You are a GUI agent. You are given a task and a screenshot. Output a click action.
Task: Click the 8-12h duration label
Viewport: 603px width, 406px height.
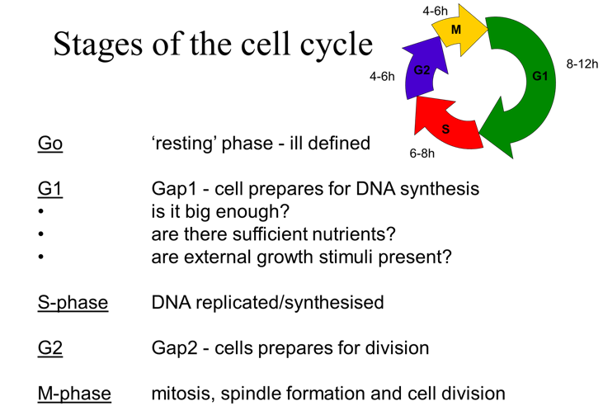[581, 64]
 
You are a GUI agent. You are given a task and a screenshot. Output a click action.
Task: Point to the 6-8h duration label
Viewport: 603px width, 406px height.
[422, 153]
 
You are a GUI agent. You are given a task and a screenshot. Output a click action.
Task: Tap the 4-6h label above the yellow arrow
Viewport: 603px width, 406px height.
[435, 11]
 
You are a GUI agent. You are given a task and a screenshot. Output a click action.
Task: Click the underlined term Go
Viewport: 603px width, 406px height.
[49, 143]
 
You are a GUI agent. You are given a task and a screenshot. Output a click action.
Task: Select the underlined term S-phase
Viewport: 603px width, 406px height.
[73, 302]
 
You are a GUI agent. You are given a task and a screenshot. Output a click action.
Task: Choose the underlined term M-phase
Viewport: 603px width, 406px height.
[74, 394]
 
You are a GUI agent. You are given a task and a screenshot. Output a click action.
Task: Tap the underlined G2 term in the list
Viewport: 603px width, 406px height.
[49, 347]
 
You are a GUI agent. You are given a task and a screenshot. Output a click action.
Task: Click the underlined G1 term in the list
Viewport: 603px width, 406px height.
[49, 189]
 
